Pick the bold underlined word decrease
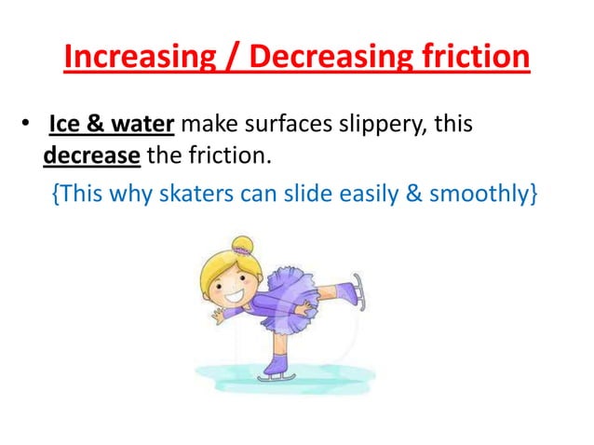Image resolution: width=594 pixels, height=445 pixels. [x=92, y=155]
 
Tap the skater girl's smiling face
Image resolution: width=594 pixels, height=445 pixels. [x=231, y=278]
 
